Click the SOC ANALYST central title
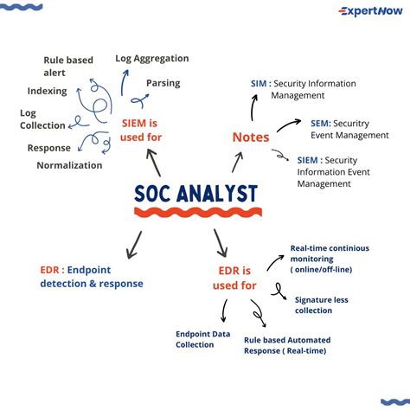[196, 194]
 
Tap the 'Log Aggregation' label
[151, 58]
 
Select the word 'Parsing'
[163, 83]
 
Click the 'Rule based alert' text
[68, 67]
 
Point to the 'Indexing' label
[47, 91]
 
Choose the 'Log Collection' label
[42, 119]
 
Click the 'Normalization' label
[69, 164]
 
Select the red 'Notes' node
[251, 138]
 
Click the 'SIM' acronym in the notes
[259, 84]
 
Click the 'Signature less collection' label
[321, 305]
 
